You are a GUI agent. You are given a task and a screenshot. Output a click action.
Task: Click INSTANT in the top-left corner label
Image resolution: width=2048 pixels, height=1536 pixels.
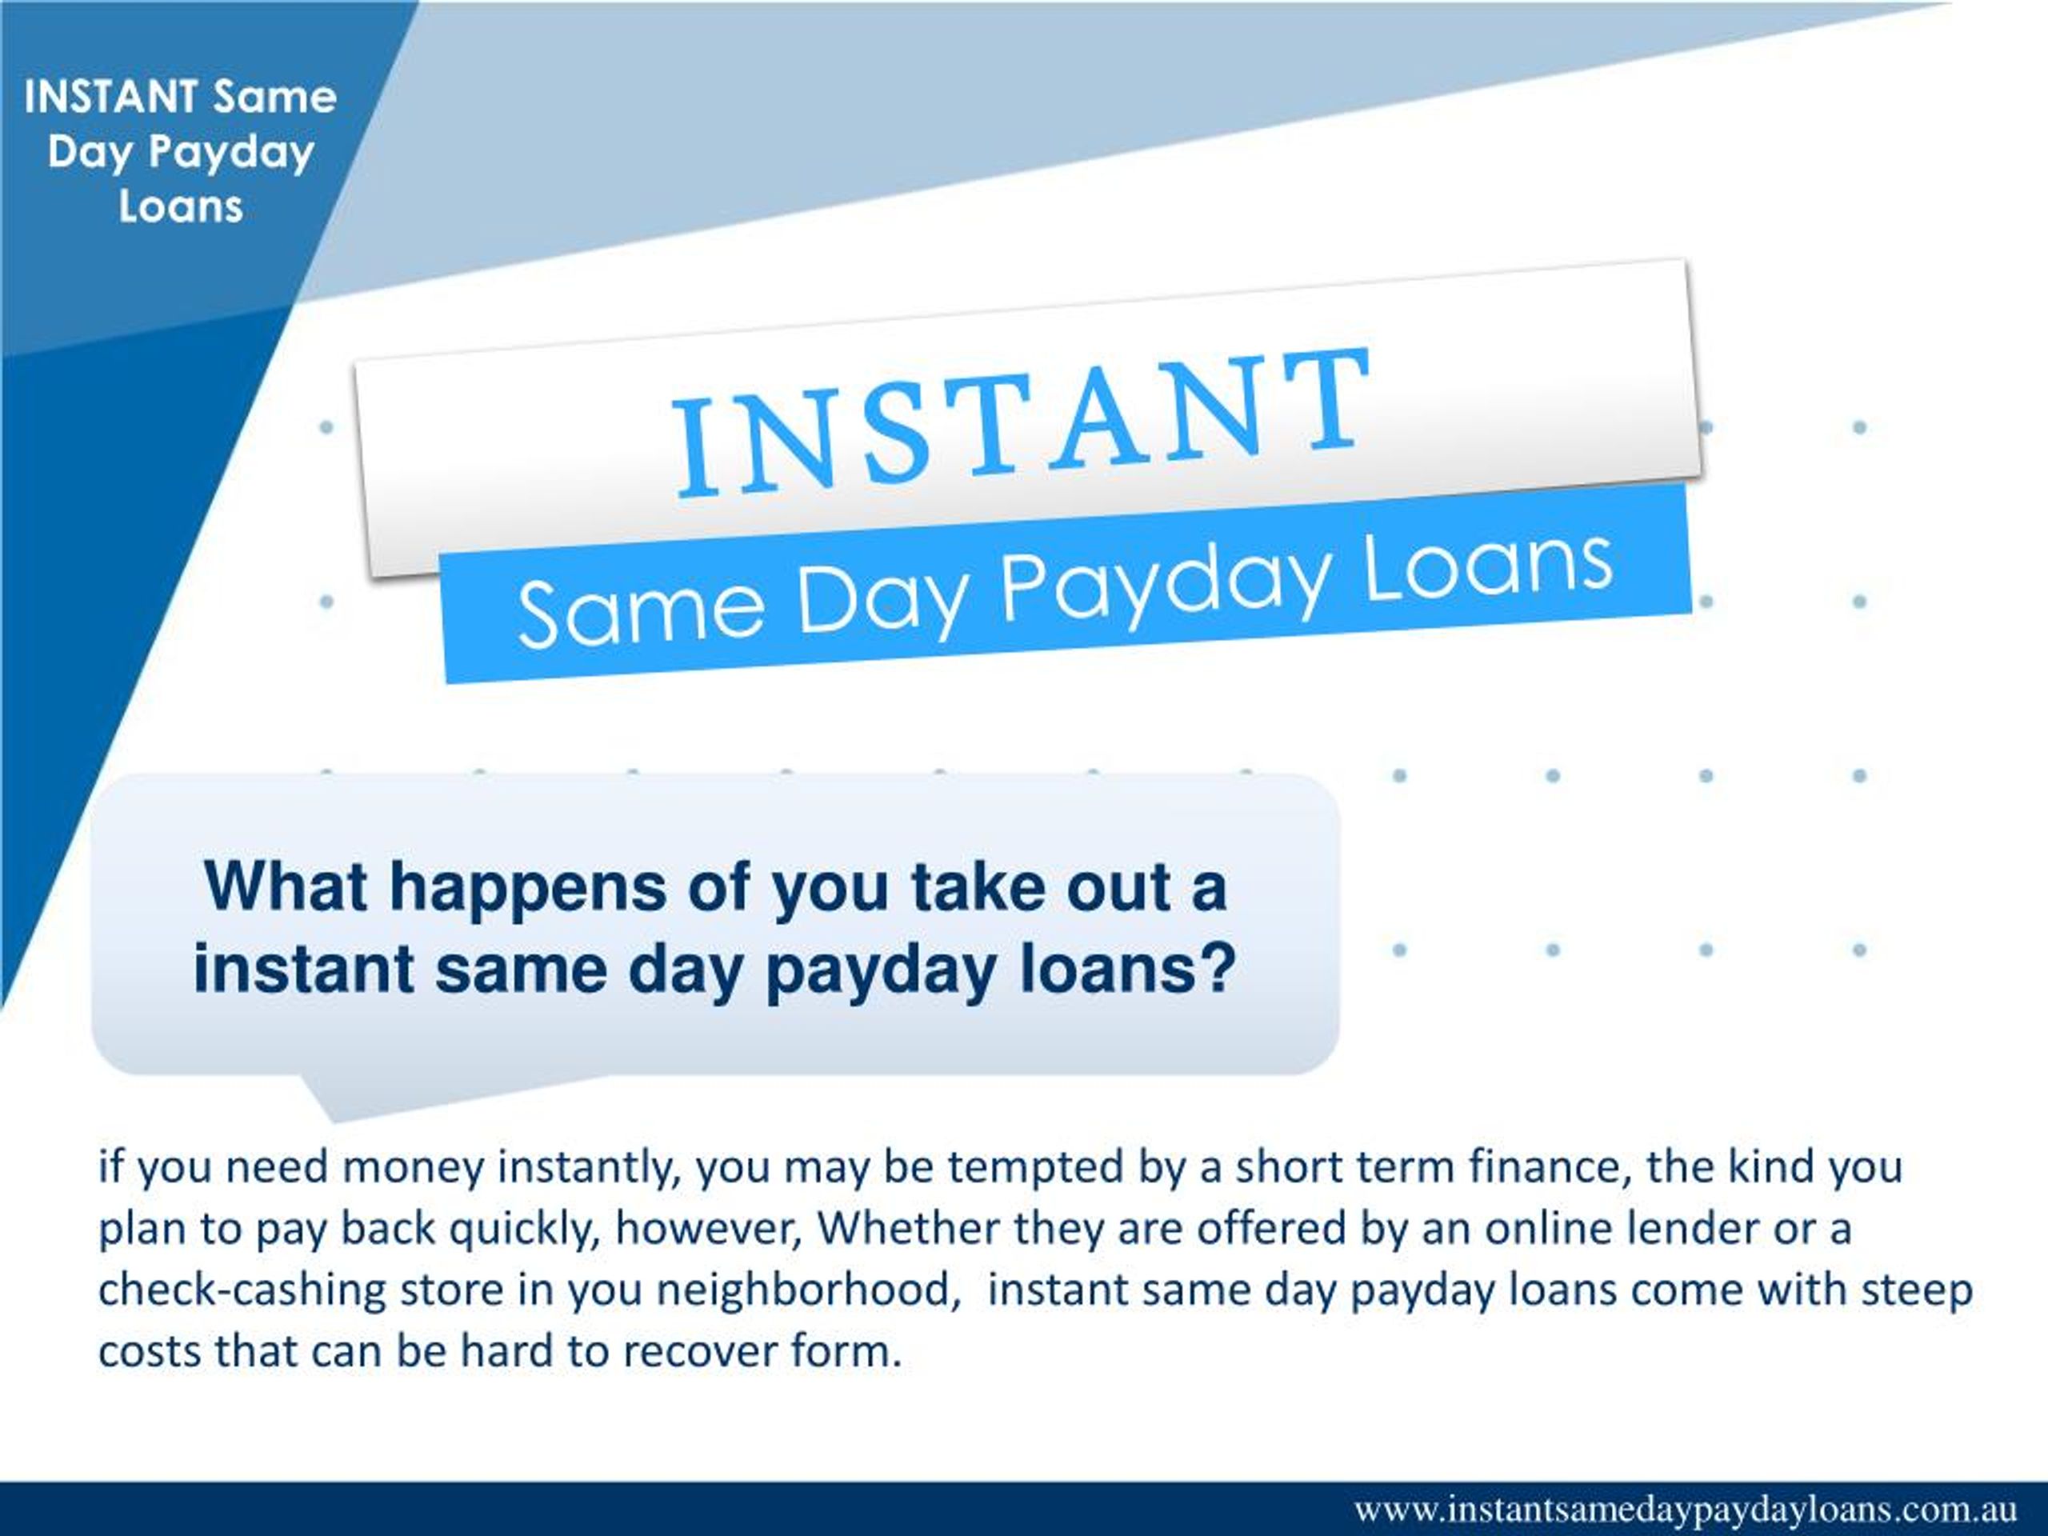pyautogui.click(x=111, y=96)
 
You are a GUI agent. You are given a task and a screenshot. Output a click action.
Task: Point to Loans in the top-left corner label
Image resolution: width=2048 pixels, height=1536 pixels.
pyautogui.click(x=181, y=206)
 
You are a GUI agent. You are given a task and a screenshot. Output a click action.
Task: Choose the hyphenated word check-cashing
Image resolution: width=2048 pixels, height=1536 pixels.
pyautogui.click(x=242, y=1290)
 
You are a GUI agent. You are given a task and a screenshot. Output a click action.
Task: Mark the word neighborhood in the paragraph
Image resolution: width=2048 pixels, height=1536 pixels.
pyautogui.click(x=806, y=1290)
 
